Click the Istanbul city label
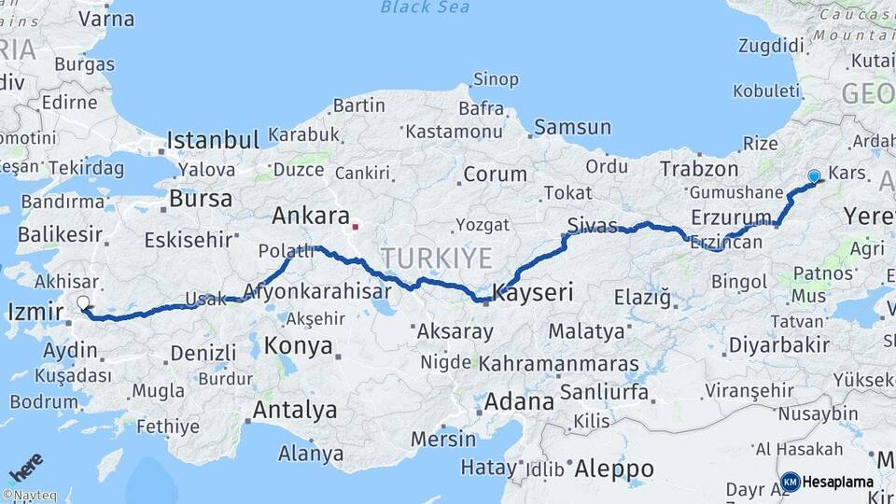pos(213,141)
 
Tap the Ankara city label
pos(310,217)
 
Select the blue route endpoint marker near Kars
pos(814,176)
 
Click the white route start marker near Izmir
pos(83,302)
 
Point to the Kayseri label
pos(533,292)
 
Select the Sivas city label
pos(594,223)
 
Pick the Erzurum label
pos(734,217)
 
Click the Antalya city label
pos(295,410)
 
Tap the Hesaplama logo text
pos(838,483)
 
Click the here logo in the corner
pos(26,466)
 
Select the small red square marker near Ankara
pos(355,226)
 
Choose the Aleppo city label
pos(614,468)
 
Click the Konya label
pos(299,346)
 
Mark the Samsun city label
pos(572,127)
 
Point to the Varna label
pos(106,19)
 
